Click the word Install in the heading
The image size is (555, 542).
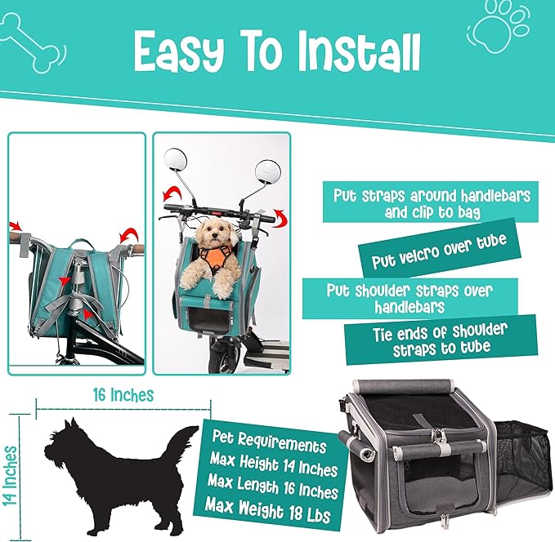click(x=358, y=52)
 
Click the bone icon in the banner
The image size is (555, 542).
click(x=33, y=43)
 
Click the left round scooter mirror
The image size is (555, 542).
click(x=176, y=159)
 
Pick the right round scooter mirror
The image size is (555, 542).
click(x=267, y=172)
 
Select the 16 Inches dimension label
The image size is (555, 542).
click(x=123, y=395)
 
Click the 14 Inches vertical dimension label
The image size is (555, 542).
click(x=10, y=476)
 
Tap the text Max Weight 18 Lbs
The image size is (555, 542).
click(x=268, y=509)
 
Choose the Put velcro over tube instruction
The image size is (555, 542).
click(x=439, y=251)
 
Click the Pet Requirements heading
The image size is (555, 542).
click(x=269, y=441)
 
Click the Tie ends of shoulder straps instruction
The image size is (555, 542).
click(x=441, y=340)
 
